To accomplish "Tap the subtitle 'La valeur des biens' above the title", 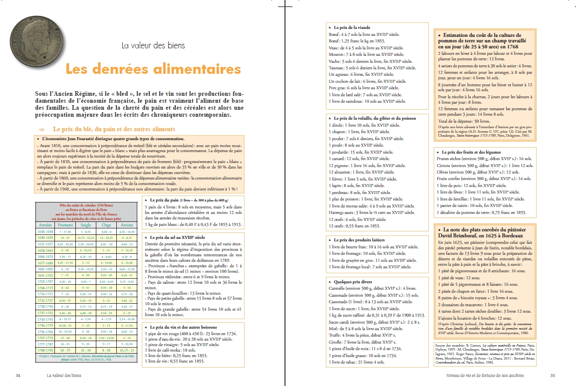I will tap(153, 45).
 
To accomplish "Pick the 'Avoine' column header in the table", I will tap(127, 224).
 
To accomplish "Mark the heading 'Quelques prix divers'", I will tap(350, 281).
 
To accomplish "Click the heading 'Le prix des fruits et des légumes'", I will tap(472, 152).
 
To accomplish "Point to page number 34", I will tap(18, 375).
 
